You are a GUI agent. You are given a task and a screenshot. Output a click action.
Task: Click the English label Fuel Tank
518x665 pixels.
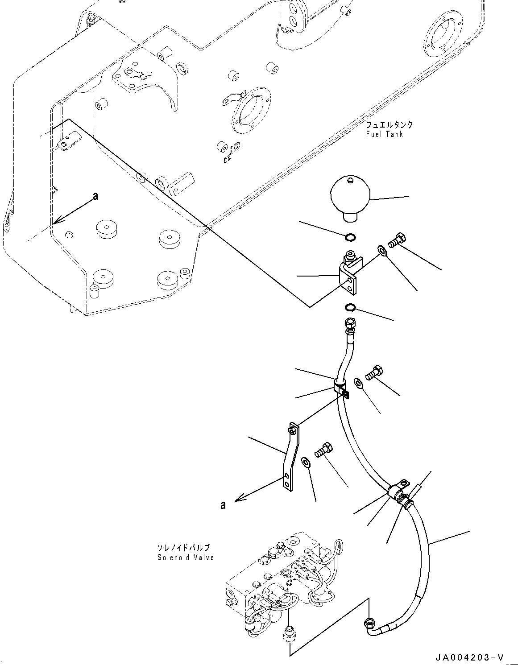384,134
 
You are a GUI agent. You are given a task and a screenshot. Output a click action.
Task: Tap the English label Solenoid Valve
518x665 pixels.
186,557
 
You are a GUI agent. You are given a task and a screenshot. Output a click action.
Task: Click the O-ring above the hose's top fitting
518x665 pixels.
350,307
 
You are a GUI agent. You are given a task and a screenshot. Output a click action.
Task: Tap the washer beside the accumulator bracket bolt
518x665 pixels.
381,250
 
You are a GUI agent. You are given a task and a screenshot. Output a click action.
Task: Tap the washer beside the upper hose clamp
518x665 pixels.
358,383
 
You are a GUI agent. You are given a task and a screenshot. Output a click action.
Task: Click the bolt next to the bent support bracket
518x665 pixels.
323,451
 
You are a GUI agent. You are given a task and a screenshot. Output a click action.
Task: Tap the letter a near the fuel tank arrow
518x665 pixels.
95,196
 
